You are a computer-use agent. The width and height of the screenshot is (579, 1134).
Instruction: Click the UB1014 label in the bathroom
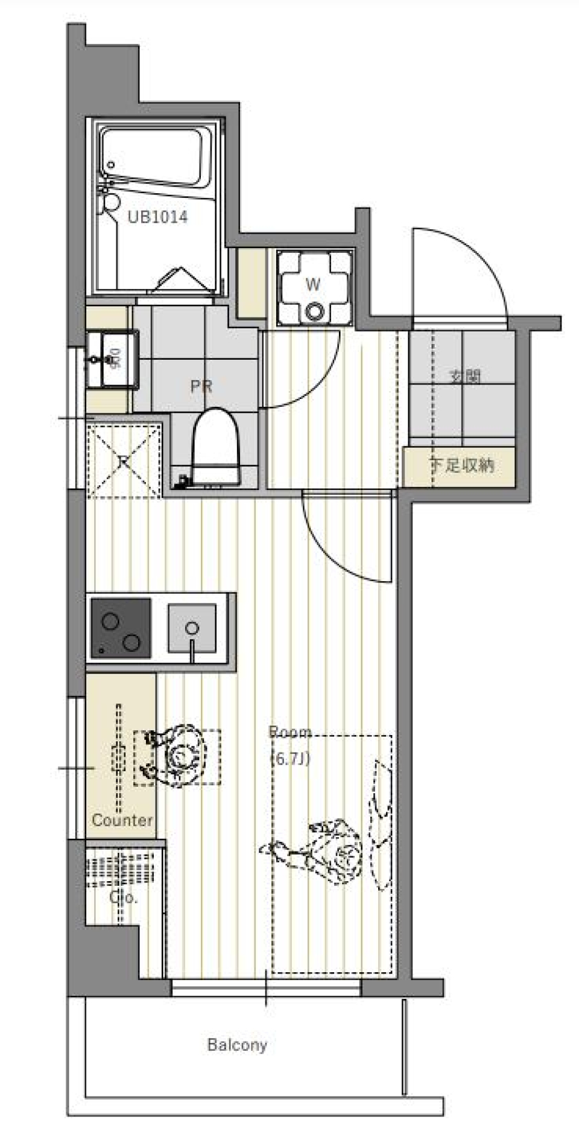coord(157,217)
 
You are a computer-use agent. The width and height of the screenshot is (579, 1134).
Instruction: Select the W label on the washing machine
coord(313,284)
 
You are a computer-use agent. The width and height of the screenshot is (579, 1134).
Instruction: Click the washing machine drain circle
coord(314,312)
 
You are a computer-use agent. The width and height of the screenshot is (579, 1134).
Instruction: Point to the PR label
coord(201,386)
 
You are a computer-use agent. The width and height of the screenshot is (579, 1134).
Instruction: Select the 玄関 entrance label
coord(466,376)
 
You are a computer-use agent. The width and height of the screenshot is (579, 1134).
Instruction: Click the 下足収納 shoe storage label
coord(463,465)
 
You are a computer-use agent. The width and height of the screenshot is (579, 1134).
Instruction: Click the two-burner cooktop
coord(121,628)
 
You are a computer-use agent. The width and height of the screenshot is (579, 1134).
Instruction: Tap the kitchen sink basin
coord(192,628)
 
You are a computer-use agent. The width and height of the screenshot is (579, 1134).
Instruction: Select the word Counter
coord(122,820)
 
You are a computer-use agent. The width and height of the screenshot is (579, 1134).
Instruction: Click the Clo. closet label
coord(123,897)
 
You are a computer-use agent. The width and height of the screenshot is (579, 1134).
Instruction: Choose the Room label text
coord(290,732)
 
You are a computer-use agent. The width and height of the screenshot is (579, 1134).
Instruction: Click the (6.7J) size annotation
coord(291,758)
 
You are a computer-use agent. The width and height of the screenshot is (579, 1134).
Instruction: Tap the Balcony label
coord(237,1045)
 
